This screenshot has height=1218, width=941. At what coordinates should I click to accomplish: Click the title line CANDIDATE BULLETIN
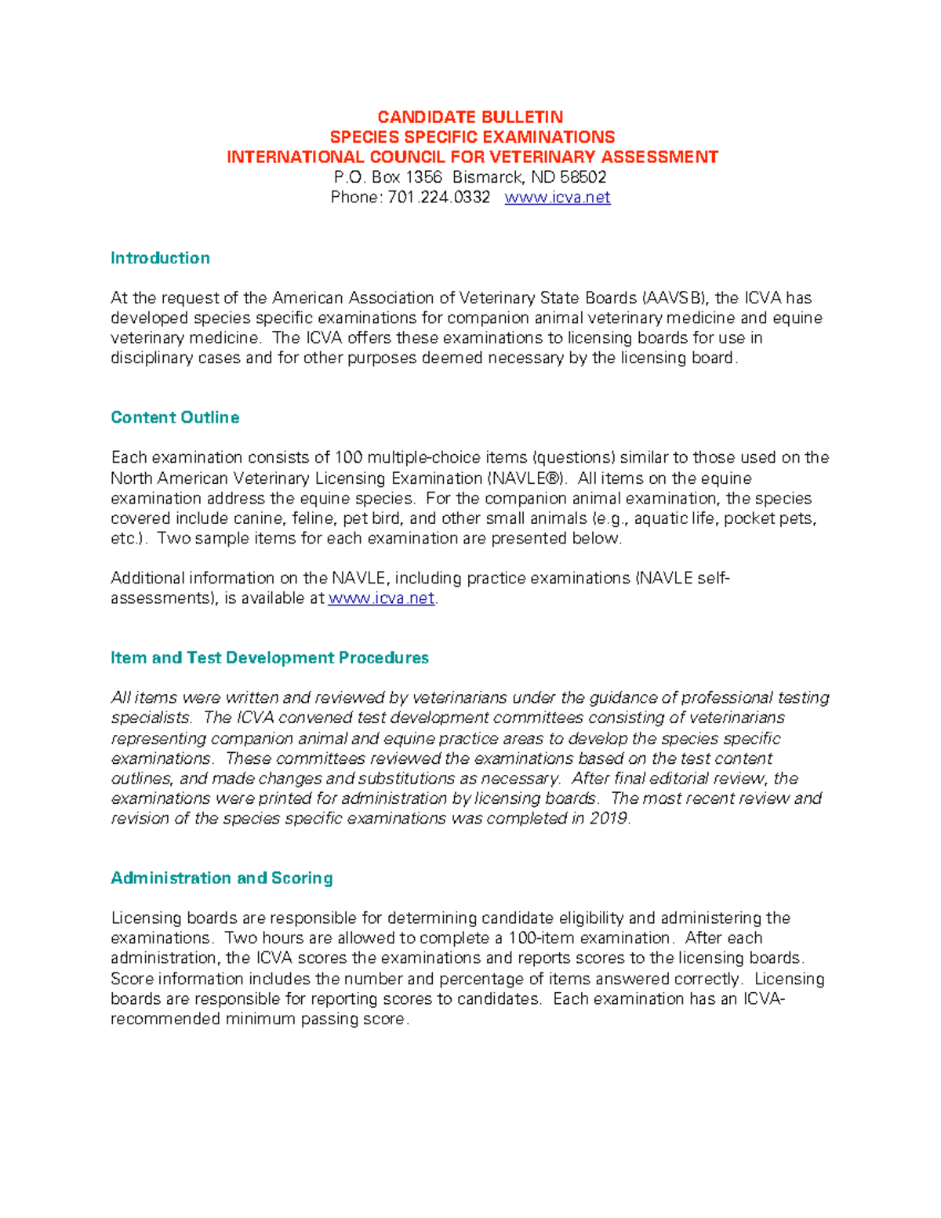pos(470,117)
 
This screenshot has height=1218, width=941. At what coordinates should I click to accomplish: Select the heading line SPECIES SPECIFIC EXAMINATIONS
pos(472,137)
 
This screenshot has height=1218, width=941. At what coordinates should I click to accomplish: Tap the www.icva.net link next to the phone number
pos(557,198)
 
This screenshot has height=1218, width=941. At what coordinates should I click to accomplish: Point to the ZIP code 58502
pos(583,177)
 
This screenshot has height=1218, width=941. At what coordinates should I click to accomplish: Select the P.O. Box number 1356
pos(423,177)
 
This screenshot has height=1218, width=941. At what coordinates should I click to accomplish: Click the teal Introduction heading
pos(160,258)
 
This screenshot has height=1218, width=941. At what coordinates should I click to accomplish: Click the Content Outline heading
pos(175,417)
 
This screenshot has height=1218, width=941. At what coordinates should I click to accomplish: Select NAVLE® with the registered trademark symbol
pos(526,478)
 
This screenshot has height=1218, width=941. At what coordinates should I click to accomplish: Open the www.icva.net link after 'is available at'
pos(381,598)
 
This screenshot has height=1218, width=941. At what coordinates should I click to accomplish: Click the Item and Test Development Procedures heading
pos(270,658)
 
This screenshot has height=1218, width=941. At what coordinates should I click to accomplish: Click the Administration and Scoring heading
pos(222,878)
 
